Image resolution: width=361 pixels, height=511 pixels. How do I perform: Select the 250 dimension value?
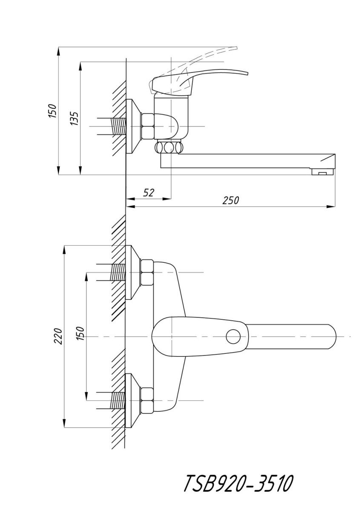(231, 200)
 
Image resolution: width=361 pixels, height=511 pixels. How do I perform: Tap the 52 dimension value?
(149, 193)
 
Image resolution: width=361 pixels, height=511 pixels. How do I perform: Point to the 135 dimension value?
(74, 118)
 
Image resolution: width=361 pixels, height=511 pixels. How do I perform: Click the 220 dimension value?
(58, 336)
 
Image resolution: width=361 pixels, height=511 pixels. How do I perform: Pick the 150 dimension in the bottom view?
(80, 333)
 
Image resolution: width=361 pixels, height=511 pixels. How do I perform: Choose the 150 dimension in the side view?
(53, 111)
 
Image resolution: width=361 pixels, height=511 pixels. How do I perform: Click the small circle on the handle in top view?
(233, 336)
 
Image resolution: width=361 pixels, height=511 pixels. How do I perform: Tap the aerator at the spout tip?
(322, 172)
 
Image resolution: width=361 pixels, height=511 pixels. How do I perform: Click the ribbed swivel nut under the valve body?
(169, 147)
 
